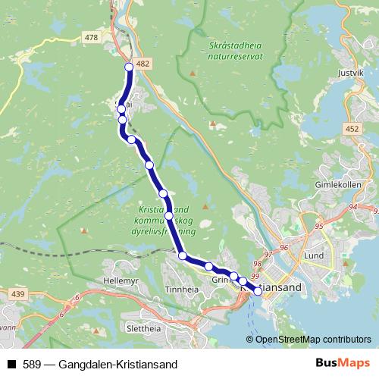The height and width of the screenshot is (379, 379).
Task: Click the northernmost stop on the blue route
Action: click(x=129, y=67)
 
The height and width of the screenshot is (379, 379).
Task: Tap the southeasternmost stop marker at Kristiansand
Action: click(x=258, y=291)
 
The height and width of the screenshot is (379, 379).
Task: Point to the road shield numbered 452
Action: click(x=352, y=130)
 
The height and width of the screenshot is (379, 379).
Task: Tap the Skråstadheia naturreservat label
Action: click(x=236, y=48)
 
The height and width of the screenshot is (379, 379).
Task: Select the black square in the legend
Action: click(x=11, y=362)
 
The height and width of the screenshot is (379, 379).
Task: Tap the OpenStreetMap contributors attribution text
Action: click(x=313, y=339)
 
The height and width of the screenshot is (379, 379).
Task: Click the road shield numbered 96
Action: click(x=284, y=247)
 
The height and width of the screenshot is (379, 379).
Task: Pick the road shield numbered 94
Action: click(x=354, y=206)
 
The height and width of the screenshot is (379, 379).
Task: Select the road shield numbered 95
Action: click(x=318, y=226)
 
